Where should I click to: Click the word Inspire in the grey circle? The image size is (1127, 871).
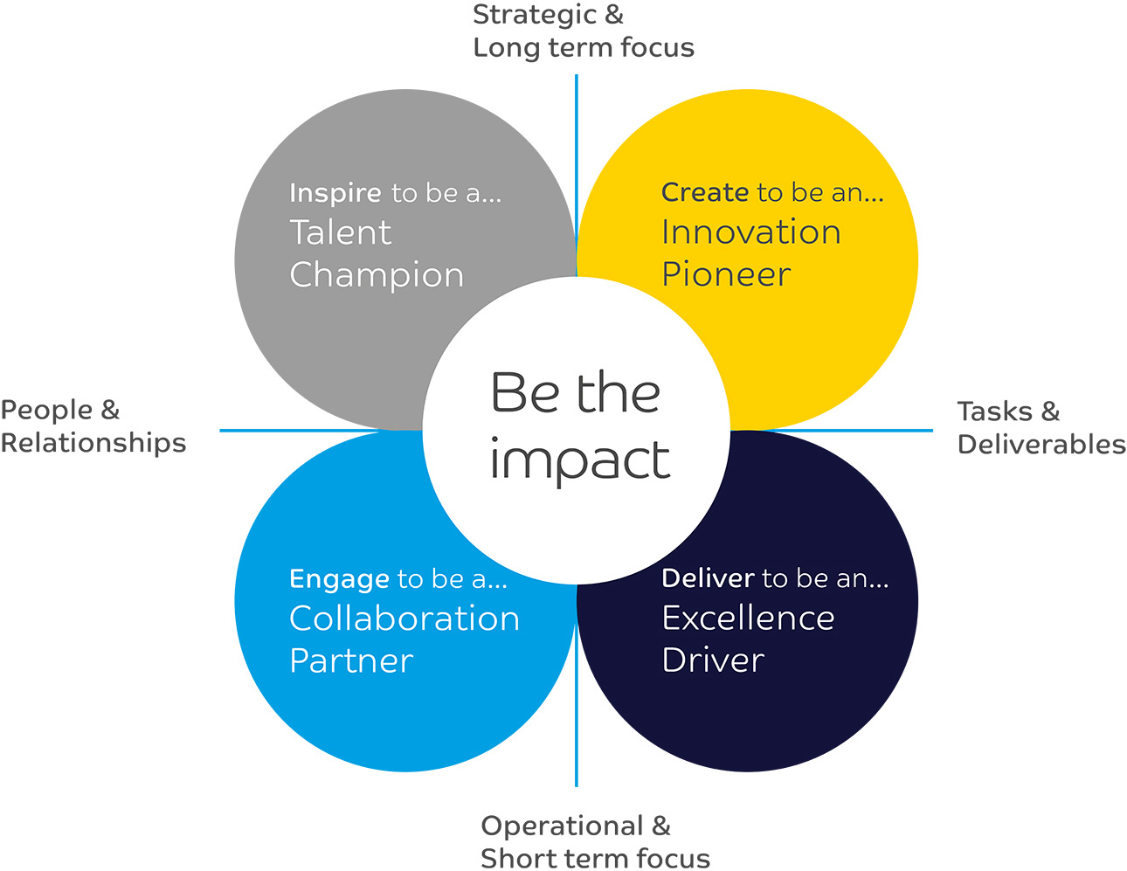click(335, 193)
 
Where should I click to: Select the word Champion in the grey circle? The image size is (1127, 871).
click(377, 275)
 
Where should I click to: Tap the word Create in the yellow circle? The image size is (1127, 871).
click(704, 192)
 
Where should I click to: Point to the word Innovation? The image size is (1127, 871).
click(750, 232)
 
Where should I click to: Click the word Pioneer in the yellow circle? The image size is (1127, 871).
click(726, 274)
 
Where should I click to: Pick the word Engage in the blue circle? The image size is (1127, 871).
click(339, 579)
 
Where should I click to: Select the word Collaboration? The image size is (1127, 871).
click(404, 619)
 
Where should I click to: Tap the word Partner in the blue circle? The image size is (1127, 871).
click(351, 660)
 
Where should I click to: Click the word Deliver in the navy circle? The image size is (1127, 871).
click(708, 578)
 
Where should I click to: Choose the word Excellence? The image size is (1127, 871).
click(748, 619)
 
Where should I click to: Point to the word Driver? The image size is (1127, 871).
click(713, 660)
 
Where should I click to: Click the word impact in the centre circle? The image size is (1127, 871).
click(580, 460)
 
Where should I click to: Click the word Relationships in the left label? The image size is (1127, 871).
click(93, 443)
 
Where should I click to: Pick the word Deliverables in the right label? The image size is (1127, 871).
click(1041, 444)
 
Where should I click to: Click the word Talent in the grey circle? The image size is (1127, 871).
click(340, 233)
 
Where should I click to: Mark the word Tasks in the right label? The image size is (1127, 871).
click(994, 411)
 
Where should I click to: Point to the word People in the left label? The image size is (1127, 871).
click(46, 410)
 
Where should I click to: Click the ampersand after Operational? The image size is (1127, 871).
click(661, 826)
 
